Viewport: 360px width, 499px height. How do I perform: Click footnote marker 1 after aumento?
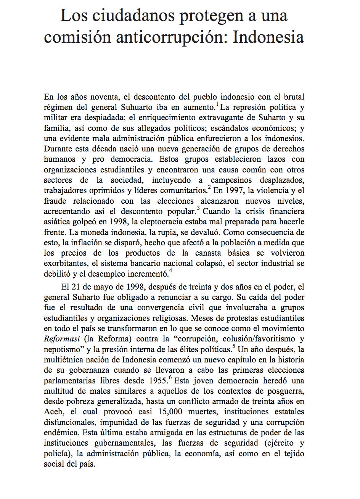click(217, 104)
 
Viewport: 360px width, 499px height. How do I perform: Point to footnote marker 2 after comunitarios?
click(209, 187)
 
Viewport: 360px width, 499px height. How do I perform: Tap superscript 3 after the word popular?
click(198, 208)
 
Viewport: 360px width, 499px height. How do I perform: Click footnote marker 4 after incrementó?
click(170, 270)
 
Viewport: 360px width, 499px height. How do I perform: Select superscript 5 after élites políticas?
click(234, 346)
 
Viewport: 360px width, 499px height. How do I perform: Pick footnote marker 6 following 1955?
click(170, 377)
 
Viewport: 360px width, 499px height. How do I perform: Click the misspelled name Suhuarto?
click(138, 108)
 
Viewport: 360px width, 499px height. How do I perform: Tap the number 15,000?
click(169, 412)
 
